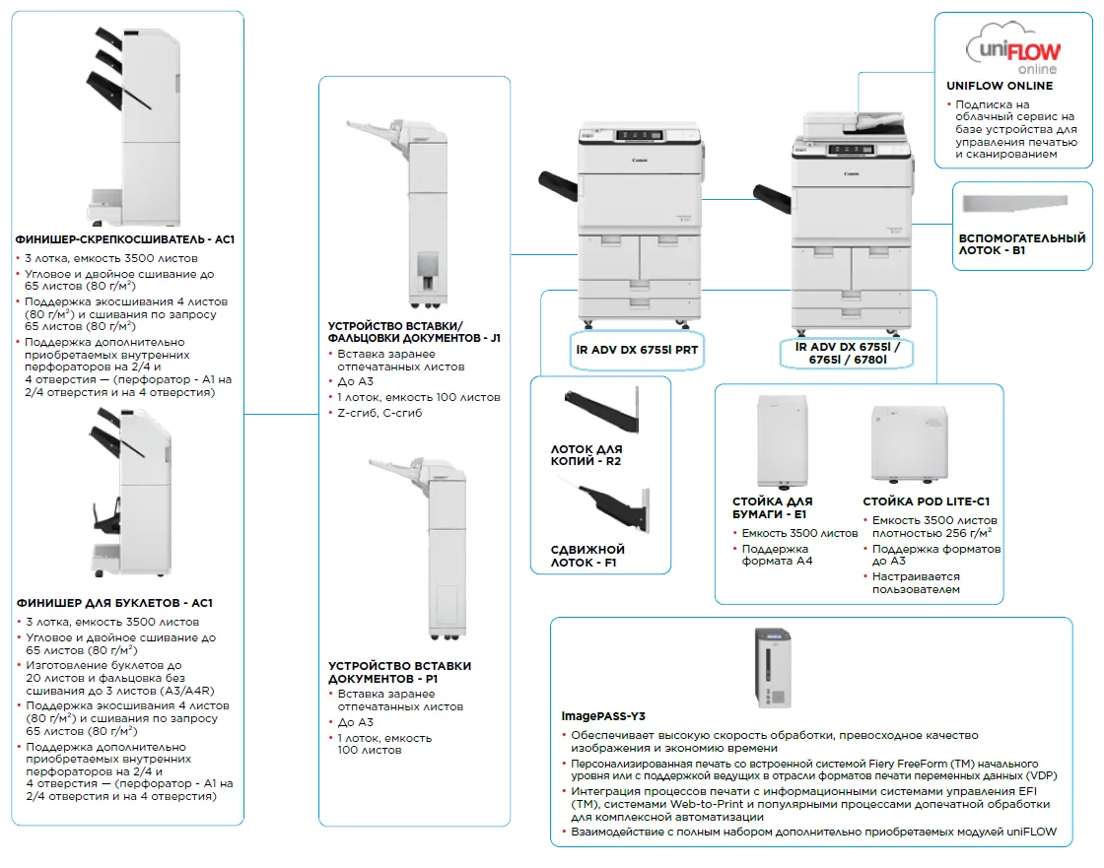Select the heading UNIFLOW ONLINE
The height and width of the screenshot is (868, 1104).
point(1000,86)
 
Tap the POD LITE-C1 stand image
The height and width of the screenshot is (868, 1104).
point(902,443)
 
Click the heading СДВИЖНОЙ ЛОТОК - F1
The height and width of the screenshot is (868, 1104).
point(587,557)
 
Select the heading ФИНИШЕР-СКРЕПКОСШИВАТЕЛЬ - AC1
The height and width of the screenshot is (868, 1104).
point(125,239)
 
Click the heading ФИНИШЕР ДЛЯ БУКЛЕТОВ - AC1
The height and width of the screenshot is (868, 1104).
point(114,603)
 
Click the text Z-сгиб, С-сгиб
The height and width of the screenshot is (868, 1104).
point(379,413)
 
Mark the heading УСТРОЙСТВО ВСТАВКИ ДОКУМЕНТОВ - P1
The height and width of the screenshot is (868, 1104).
point(399,673)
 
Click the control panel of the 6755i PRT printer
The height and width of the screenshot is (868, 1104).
point(636,137)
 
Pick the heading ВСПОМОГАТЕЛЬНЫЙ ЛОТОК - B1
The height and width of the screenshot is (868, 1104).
point(1021,244)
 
